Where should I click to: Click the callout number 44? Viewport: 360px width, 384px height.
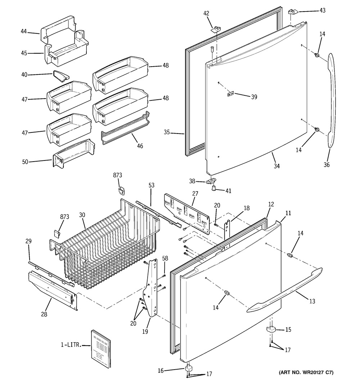[23, 31]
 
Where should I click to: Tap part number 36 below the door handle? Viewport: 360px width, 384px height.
[327, 164]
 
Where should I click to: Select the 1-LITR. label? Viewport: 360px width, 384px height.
[71, 344]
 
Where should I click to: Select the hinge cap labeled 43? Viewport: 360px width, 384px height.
[293, 12]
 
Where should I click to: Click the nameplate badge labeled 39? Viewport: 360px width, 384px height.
[230, 94]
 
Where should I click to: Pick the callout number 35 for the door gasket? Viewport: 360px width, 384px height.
[167, 132]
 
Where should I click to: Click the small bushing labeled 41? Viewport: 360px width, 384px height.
[214, 188]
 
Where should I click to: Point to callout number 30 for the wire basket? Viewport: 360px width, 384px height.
[82, 215]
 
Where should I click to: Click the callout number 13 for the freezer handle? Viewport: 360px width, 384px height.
[312, 301]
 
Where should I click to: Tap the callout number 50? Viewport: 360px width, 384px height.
[25, 162]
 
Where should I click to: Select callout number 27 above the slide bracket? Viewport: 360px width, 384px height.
[195, 194]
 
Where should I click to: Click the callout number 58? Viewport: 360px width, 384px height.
[165, 258]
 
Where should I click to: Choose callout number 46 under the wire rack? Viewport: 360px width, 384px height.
[140, 146]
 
